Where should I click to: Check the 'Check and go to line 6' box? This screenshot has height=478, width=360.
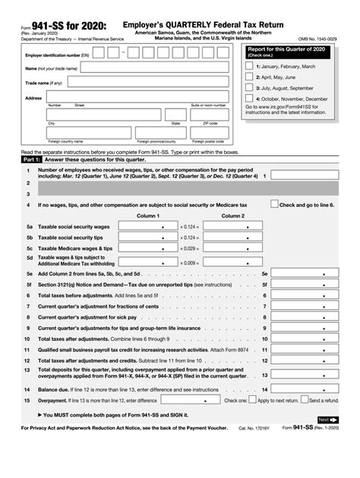point(274,204)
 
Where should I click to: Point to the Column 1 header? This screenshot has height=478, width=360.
point(147,215)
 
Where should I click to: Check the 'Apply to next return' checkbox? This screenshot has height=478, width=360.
point(253,400)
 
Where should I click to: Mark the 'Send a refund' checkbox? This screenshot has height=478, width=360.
point(305,400)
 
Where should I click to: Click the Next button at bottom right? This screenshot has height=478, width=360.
point(327,420)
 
